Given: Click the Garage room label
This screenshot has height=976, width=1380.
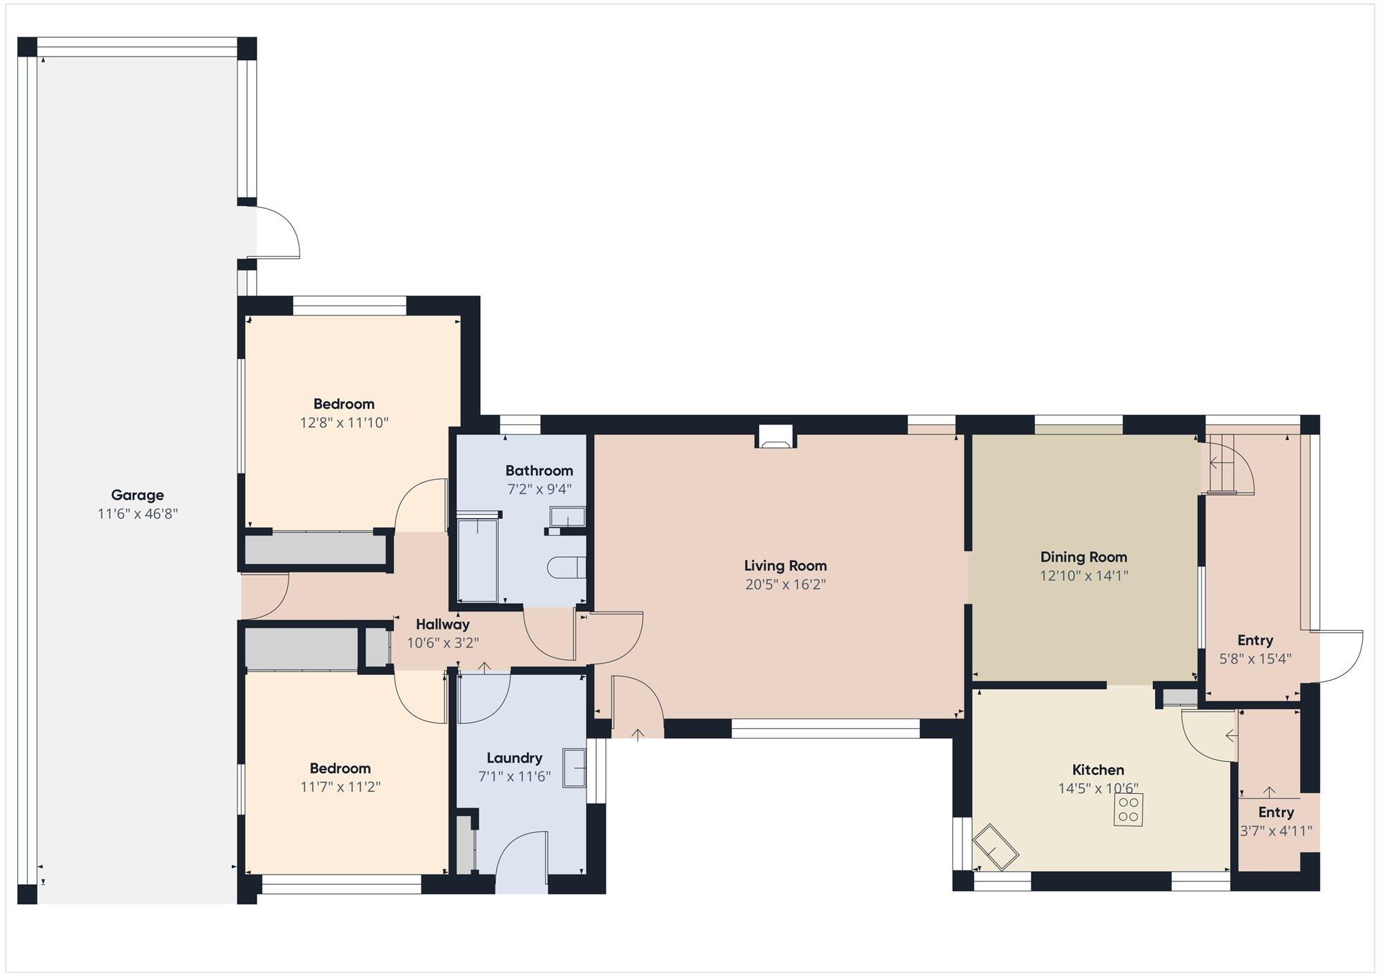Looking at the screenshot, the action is [137, 495].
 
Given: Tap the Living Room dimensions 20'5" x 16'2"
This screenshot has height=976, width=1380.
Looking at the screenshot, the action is [785, 585].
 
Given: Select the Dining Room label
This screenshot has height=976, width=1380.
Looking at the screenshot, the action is [1083, 557].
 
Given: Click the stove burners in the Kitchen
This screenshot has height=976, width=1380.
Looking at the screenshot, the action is [1128, 809].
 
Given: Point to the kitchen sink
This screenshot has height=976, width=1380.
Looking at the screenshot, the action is [996, 847].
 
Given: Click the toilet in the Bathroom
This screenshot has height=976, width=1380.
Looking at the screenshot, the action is [567, 567].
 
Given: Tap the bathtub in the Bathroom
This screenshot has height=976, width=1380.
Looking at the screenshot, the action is [477, 560].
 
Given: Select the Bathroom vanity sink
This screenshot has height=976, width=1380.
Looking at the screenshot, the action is [568, 517].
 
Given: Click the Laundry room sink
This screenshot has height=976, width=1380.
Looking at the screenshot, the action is [574, 768].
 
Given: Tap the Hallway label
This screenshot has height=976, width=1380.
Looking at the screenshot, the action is [442, 625].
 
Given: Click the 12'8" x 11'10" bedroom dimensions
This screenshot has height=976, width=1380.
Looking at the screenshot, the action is [344, 422].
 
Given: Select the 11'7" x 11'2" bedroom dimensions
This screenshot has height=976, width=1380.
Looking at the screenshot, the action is [340, 787].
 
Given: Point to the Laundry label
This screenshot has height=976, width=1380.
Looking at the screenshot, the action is [514, 758].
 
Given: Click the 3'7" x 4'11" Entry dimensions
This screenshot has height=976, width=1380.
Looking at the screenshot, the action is [1276, 831].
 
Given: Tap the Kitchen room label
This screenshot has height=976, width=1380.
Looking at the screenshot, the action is [1098, 770].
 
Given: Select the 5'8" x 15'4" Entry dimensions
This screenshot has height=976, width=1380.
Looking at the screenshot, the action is [1255, 658].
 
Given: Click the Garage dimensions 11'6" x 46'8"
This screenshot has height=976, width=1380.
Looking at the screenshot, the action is [137, 514].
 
